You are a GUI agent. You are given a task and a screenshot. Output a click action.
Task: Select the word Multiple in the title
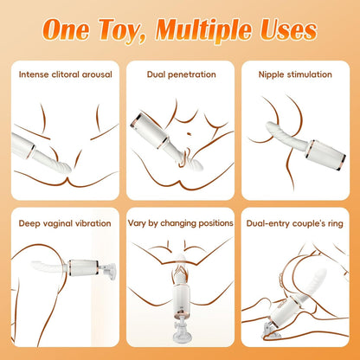coord(205,30)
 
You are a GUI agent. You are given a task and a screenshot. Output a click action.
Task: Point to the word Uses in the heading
coord(289,29)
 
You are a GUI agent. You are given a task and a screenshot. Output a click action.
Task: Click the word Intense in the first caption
coord(34,74)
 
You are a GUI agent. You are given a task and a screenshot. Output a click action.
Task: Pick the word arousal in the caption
coord(97,74)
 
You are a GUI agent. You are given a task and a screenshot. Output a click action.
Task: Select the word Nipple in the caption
coord(270,74)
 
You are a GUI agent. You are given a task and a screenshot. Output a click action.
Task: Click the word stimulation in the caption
coord(308,74)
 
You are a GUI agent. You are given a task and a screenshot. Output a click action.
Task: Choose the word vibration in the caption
coord(93,223)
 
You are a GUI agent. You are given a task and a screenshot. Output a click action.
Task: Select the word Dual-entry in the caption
coord(268,224)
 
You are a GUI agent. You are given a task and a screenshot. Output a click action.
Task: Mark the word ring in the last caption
coord(335,224)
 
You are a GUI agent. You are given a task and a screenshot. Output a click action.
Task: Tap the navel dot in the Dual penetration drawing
coord(190,133)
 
